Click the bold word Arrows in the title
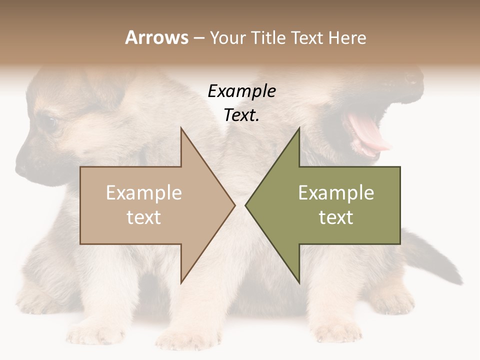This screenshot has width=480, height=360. point(156,37)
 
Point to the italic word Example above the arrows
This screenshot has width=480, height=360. point(241,91)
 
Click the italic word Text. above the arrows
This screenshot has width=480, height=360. point(241,115)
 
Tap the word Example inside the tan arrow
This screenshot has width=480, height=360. point(144,192)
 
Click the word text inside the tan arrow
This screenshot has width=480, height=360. point(144,217)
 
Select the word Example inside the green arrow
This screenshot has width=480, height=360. point(336,192)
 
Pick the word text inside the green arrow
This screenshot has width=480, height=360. point(336,217)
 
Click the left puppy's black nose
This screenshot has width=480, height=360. point(22,165)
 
